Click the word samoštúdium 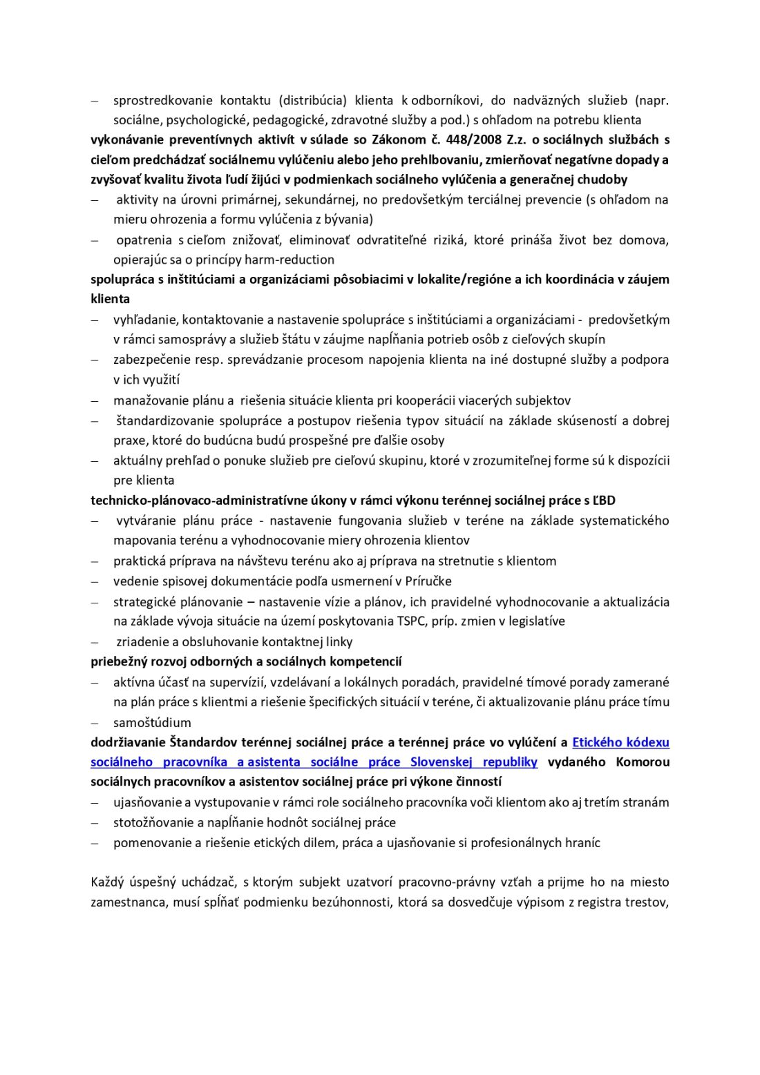click(152, 723)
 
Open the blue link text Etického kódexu click(620, 743)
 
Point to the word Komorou click(642, 763)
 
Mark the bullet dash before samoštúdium click(95, 723)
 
